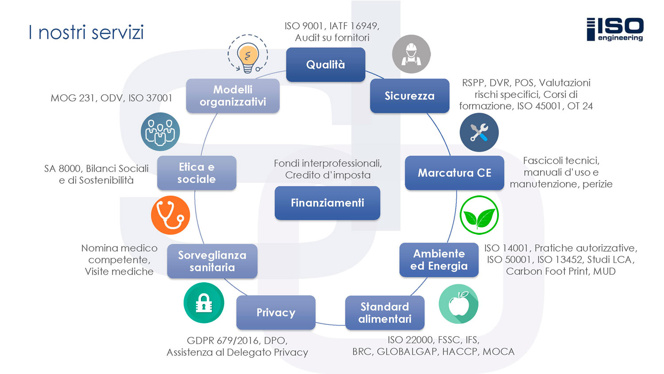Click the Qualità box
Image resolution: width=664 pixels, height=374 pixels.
tap(325, 65)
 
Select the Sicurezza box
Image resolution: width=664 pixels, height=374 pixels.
tap(409, 96)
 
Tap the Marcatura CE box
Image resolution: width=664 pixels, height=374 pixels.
tap(454, 173)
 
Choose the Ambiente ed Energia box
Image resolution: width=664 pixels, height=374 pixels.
tap(439, 260)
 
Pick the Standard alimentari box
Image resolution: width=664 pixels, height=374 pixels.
tap(385, 313)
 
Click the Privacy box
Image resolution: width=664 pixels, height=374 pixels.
tap(276, 312)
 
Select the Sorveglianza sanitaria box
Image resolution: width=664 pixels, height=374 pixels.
tap(212, 261)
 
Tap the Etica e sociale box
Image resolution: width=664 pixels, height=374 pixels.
tap(197, 173)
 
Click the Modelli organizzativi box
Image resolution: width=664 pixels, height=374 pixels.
tap(233, 96)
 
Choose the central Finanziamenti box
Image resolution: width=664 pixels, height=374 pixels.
tap(327, 203)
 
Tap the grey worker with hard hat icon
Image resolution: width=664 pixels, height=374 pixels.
tap(411, 54)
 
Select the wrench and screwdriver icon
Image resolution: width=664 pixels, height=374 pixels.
tap(479, 132)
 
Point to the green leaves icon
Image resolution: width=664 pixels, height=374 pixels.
tap(479, 215)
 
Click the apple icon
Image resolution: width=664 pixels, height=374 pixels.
tap(459, 304)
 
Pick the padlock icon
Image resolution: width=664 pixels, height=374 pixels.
tap(204, 303)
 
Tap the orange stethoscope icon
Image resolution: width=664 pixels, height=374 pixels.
tap(170, 215)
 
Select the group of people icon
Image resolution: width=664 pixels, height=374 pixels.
tap(160, 132)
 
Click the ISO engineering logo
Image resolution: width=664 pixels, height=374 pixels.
tap(615, 29)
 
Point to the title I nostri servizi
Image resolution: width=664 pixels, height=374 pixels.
tap(86, 32)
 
